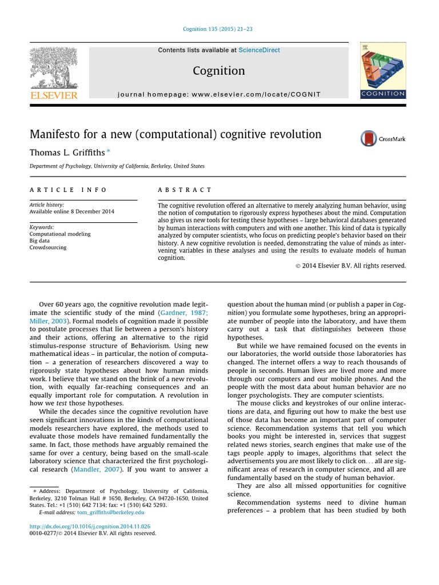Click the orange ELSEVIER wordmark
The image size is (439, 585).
[54, 95]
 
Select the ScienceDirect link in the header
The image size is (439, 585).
[260, 50]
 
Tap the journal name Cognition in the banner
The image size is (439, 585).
[219, 71]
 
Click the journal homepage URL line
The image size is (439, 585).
[219, 94]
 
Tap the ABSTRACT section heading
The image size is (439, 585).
[184, 190]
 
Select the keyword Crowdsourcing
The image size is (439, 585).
[48, 247]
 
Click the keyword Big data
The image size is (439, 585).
[39, 241]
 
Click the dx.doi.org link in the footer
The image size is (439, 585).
[90, 526]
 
